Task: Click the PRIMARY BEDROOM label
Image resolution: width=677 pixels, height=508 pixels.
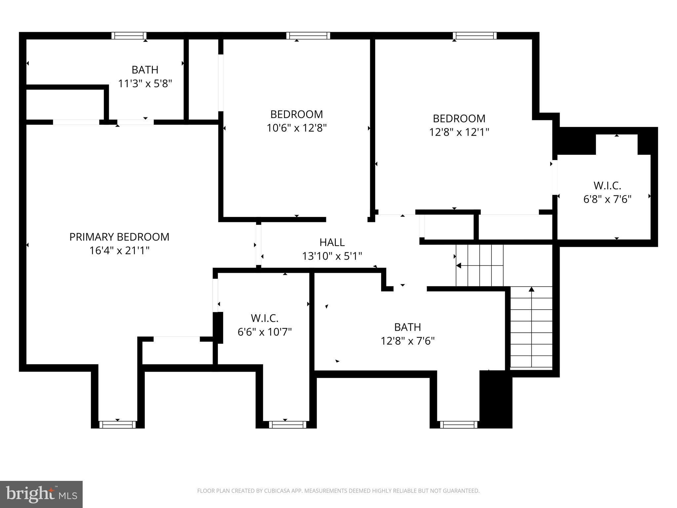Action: coord(119,237)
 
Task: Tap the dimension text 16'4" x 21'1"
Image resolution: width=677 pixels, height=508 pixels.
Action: coord(119,251)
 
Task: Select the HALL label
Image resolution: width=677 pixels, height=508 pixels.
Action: coord(332,242)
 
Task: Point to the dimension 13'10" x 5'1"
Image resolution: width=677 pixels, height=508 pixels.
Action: coord(332,256)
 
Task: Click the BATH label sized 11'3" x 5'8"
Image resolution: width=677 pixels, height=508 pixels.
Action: coord(145,70)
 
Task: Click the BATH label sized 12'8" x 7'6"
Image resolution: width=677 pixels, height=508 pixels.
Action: coord(407,327)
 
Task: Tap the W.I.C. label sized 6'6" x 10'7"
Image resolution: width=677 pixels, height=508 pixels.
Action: coord(264,318)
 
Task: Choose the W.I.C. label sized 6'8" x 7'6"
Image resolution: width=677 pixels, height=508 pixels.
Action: coord(607,185)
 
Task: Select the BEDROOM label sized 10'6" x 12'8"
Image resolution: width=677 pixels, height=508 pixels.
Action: coord(297,114)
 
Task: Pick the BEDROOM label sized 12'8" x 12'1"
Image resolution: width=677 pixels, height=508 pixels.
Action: coord(459,118)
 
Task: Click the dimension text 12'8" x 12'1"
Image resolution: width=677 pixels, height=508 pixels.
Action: coord(459,132)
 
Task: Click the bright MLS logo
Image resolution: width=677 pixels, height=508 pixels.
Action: coord(41,494)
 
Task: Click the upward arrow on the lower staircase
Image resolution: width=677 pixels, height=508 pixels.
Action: coord(531,290)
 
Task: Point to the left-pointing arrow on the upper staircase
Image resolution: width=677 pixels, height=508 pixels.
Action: coord(459,266)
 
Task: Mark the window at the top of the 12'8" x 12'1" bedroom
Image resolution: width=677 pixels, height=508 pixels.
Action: coord(474,36)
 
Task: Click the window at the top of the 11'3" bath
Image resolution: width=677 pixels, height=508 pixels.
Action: coord(129,36)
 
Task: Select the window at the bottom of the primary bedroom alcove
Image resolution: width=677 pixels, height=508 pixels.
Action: coord(117,425)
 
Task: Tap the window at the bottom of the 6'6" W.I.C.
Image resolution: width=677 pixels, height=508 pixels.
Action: coord(287,425)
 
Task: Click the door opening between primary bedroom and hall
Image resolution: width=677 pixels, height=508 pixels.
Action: coord(259,245)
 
